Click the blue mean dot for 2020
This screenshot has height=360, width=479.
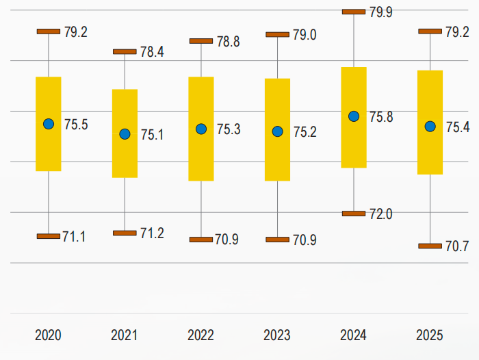(49, 124)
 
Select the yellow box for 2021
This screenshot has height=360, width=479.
(125, 133)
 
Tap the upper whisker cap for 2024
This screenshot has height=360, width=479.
(354, 12)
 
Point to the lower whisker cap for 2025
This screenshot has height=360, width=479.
(430, 246)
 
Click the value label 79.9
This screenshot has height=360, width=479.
(381, 12)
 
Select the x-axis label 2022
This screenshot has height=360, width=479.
(200, 335)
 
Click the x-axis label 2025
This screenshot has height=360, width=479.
(430, 335)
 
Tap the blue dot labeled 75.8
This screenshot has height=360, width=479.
(354, 116)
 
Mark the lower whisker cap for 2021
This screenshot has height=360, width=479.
(125, 233)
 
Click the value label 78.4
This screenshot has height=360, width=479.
(152, 52)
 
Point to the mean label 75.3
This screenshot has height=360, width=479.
(229, 129)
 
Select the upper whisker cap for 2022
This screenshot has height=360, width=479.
(201, 41)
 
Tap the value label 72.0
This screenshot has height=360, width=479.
(380, 214)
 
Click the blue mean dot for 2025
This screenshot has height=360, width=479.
(430, 126)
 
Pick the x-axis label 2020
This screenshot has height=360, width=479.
(48, 335)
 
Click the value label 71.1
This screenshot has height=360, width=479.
(74, 237)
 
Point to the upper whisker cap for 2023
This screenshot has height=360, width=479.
(277, 34)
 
